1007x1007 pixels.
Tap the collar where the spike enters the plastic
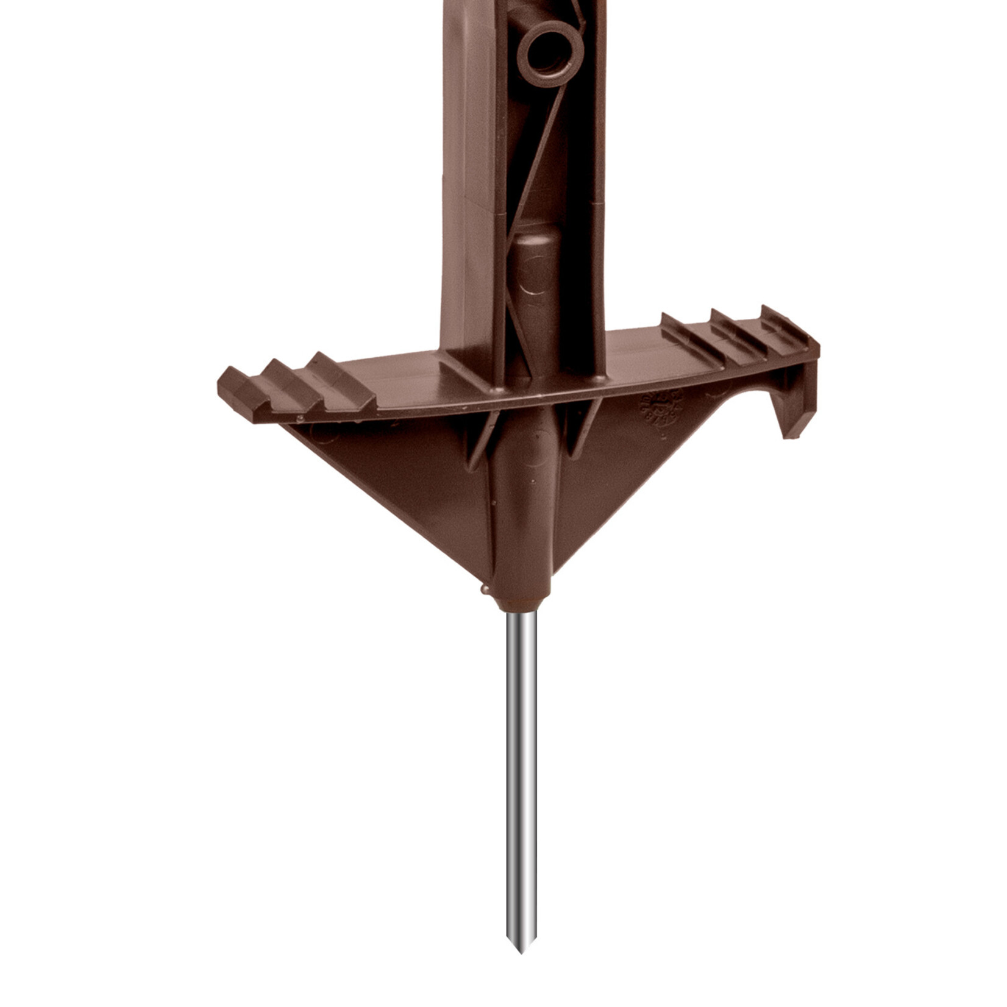pyautogui.click(x=522, y=605)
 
